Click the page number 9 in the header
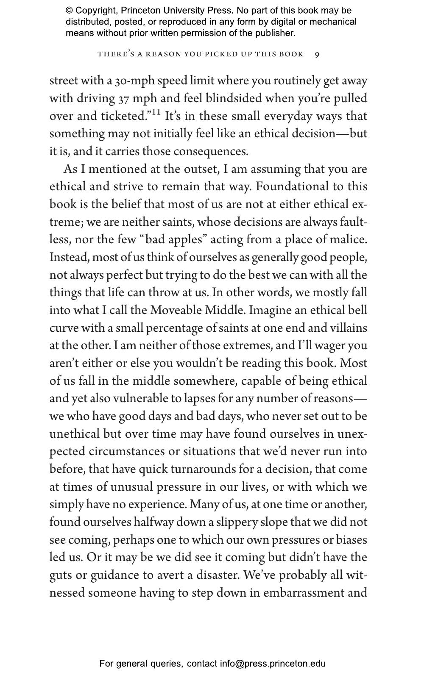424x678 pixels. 317,54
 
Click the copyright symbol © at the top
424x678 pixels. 69,11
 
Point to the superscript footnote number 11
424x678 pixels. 156,112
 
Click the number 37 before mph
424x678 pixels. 123,99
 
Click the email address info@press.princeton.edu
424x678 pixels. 273,664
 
